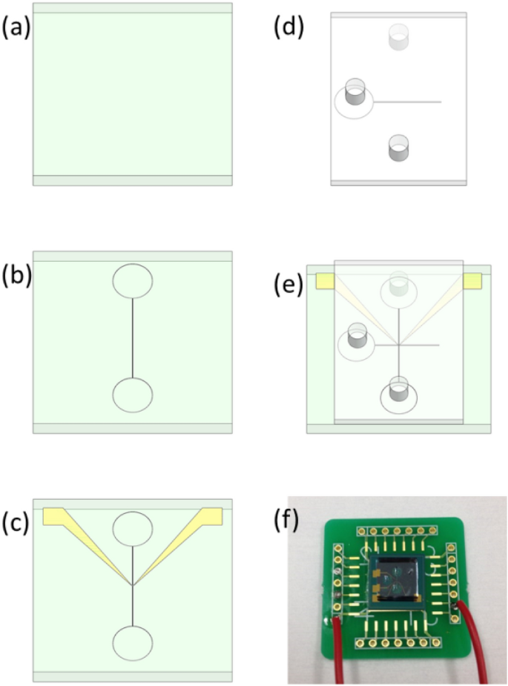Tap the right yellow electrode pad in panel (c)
tap(212, 514)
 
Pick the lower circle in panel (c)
tap(133, 643)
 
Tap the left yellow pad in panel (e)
tap(325, 281)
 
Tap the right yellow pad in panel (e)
tap(472, 281)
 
